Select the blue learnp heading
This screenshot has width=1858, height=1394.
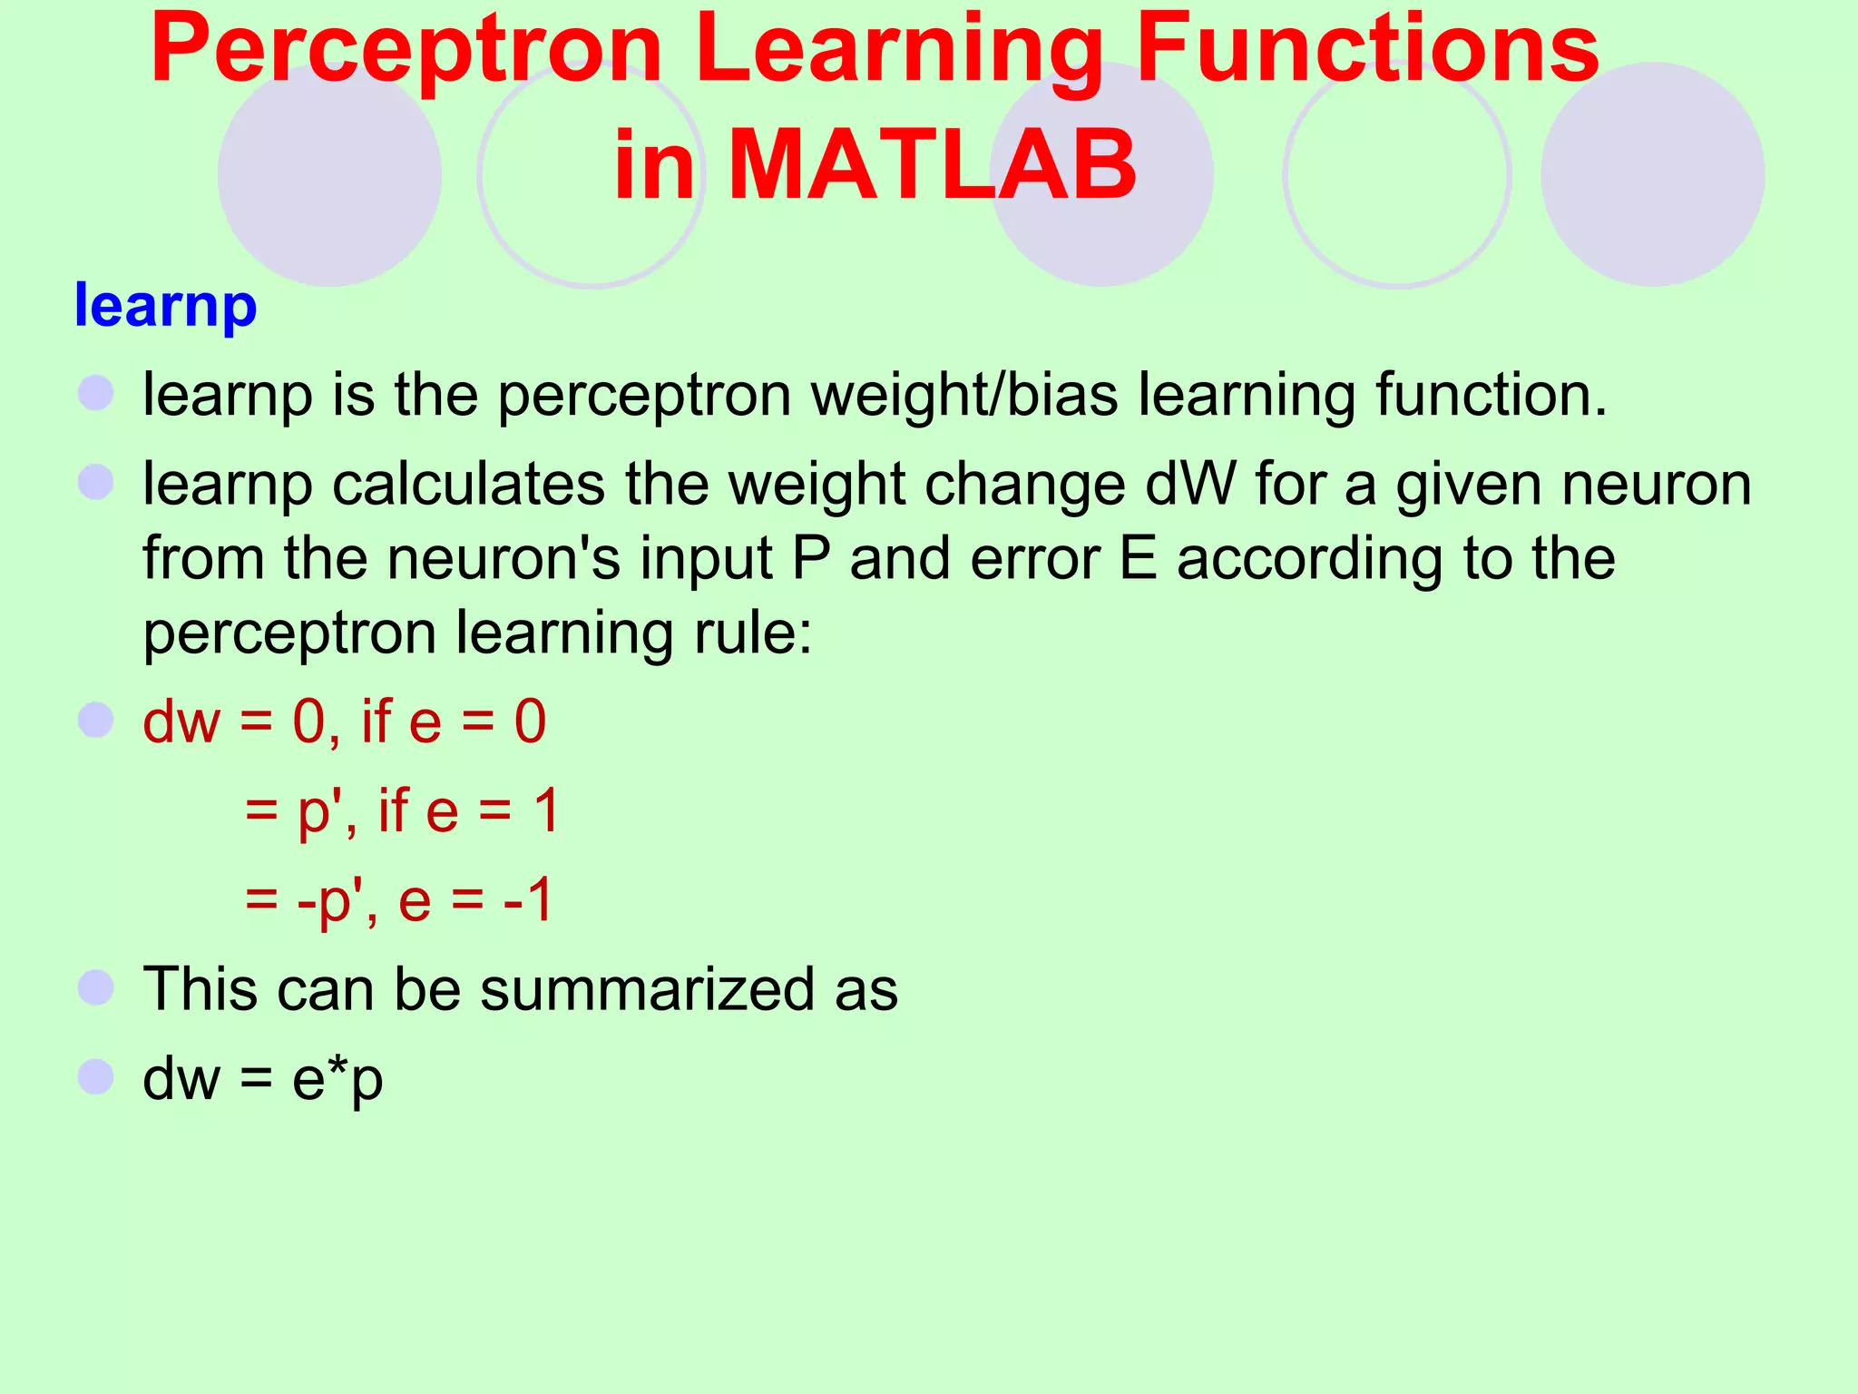(166, 307)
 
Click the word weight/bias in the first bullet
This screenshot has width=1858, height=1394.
(964, 396)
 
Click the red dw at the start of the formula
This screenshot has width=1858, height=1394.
(181, 722)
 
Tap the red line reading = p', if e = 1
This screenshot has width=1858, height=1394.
(402, 810)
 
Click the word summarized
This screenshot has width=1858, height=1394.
(648, 989)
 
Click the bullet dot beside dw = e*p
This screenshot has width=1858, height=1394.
(96, 1077)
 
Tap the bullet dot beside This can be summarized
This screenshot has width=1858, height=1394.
(96, 987)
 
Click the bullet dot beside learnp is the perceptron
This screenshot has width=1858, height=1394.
(96, 394)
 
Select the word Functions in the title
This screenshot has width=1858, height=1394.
(1367, 53)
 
